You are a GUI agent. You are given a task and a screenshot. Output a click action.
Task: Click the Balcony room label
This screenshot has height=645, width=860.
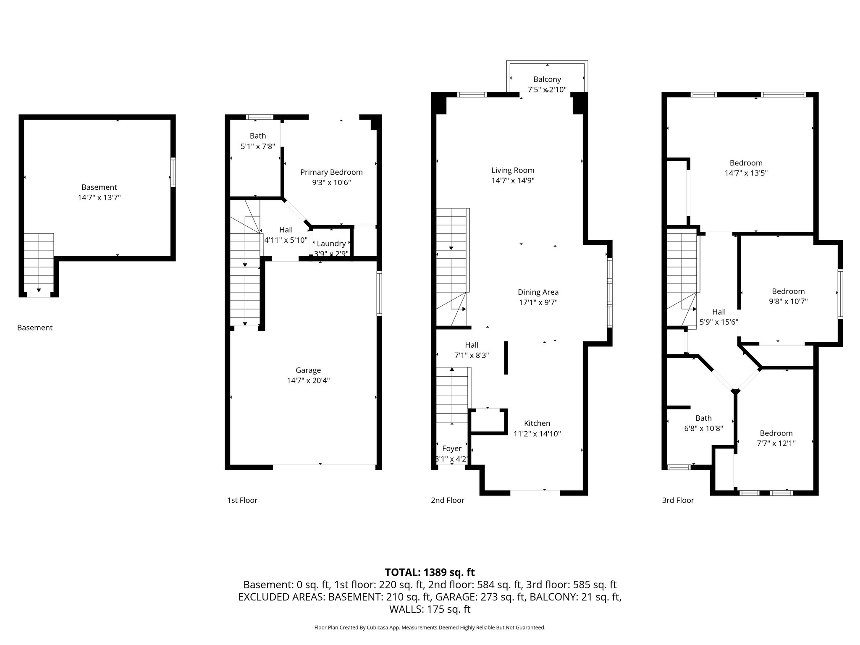click(x=547, y=79)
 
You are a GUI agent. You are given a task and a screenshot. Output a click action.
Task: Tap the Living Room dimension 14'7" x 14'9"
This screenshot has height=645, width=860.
click(x=513, y=181)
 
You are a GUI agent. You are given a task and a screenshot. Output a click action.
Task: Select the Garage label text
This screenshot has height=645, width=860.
click(x=308, y=370)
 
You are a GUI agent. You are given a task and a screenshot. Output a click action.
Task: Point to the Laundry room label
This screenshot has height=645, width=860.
click(x=331, y=244)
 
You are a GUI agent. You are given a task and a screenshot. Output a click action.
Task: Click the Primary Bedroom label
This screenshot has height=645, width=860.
click(x=331, y=172)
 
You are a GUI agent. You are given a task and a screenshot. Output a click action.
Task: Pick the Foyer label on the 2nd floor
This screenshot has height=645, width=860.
click(x=452, y=448)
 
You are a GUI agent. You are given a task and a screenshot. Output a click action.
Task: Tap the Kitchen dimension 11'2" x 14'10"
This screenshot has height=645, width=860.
click(x=537, y=434)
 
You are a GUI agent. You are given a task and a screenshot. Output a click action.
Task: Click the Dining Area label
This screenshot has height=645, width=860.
click(x=538, y=292)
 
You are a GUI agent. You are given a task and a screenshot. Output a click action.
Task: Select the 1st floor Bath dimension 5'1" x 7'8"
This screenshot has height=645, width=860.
click(x=258, y=146)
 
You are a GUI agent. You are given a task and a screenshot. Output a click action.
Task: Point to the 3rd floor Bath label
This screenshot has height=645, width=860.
click(x=703, y=418)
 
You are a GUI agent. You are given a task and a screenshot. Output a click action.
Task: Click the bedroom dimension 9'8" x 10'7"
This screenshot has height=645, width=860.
click(x=788, y=302)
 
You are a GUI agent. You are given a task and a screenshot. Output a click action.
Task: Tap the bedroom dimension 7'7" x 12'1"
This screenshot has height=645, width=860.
click(x=776, y=443)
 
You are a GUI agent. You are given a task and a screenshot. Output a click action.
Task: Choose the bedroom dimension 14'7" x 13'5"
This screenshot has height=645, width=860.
click(x=746, y=173)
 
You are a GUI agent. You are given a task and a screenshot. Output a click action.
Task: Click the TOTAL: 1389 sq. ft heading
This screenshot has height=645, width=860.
click(x=430, y=572)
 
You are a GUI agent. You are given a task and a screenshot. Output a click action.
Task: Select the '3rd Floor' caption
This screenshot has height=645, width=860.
click(x=678, y=500)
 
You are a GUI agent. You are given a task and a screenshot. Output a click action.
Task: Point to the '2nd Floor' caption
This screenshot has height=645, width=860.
click(x=448, y=500)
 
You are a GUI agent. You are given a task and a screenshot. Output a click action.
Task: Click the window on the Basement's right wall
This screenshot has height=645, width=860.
click(x=173, y=172)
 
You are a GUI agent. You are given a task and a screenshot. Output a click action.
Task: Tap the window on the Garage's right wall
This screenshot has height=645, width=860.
click(x=379, y=293)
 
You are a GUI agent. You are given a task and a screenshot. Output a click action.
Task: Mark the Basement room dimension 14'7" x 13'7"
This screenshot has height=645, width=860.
click(x=99, y=197)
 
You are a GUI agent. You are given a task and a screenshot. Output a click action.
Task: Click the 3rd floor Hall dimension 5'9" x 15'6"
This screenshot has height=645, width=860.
click(x=719, y=322)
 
